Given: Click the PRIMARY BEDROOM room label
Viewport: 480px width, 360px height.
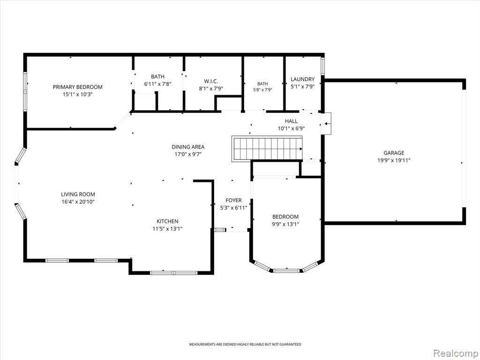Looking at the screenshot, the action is [x=77, y=87].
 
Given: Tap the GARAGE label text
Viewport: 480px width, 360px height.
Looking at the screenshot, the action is [x=394, y=153].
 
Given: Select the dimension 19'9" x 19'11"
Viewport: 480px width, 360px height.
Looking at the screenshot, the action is [x=394, y=160].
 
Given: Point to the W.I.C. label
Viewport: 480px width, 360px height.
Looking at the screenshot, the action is [x=210, y=81].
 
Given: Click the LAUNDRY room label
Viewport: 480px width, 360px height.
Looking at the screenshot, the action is [x=302, y=79].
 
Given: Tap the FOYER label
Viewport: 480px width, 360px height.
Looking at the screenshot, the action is [x=233, y=200].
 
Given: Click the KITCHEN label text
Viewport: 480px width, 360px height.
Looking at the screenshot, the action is [x=167, y=221].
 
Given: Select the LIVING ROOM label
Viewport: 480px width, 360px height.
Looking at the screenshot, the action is [x=78, y=194].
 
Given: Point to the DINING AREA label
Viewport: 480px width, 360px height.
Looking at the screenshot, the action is [x=188, y=147].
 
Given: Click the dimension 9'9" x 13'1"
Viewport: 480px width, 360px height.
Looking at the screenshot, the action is [x=285, y=224].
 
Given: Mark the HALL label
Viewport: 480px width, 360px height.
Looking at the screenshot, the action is [x=291, y=121].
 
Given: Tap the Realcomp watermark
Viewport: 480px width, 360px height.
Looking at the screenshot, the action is [x=456, y=353].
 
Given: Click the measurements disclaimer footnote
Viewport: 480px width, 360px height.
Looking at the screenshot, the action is [x=245, y=345].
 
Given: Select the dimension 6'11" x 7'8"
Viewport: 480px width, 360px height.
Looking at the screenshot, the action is [x=157, y=84].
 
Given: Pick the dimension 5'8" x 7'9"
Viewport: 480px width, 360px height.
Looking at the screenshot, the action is [x=262, y=90].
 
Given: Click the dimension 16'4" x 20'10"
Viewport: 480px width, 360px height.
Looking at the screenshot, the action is [x=78, y=202].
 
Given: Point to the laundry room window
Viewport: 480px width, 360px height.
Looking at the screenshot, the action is [x=322, y=66].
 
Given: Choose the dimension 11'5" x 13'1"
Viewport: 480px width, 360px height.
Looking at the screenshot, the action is [x=167, y=229].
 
